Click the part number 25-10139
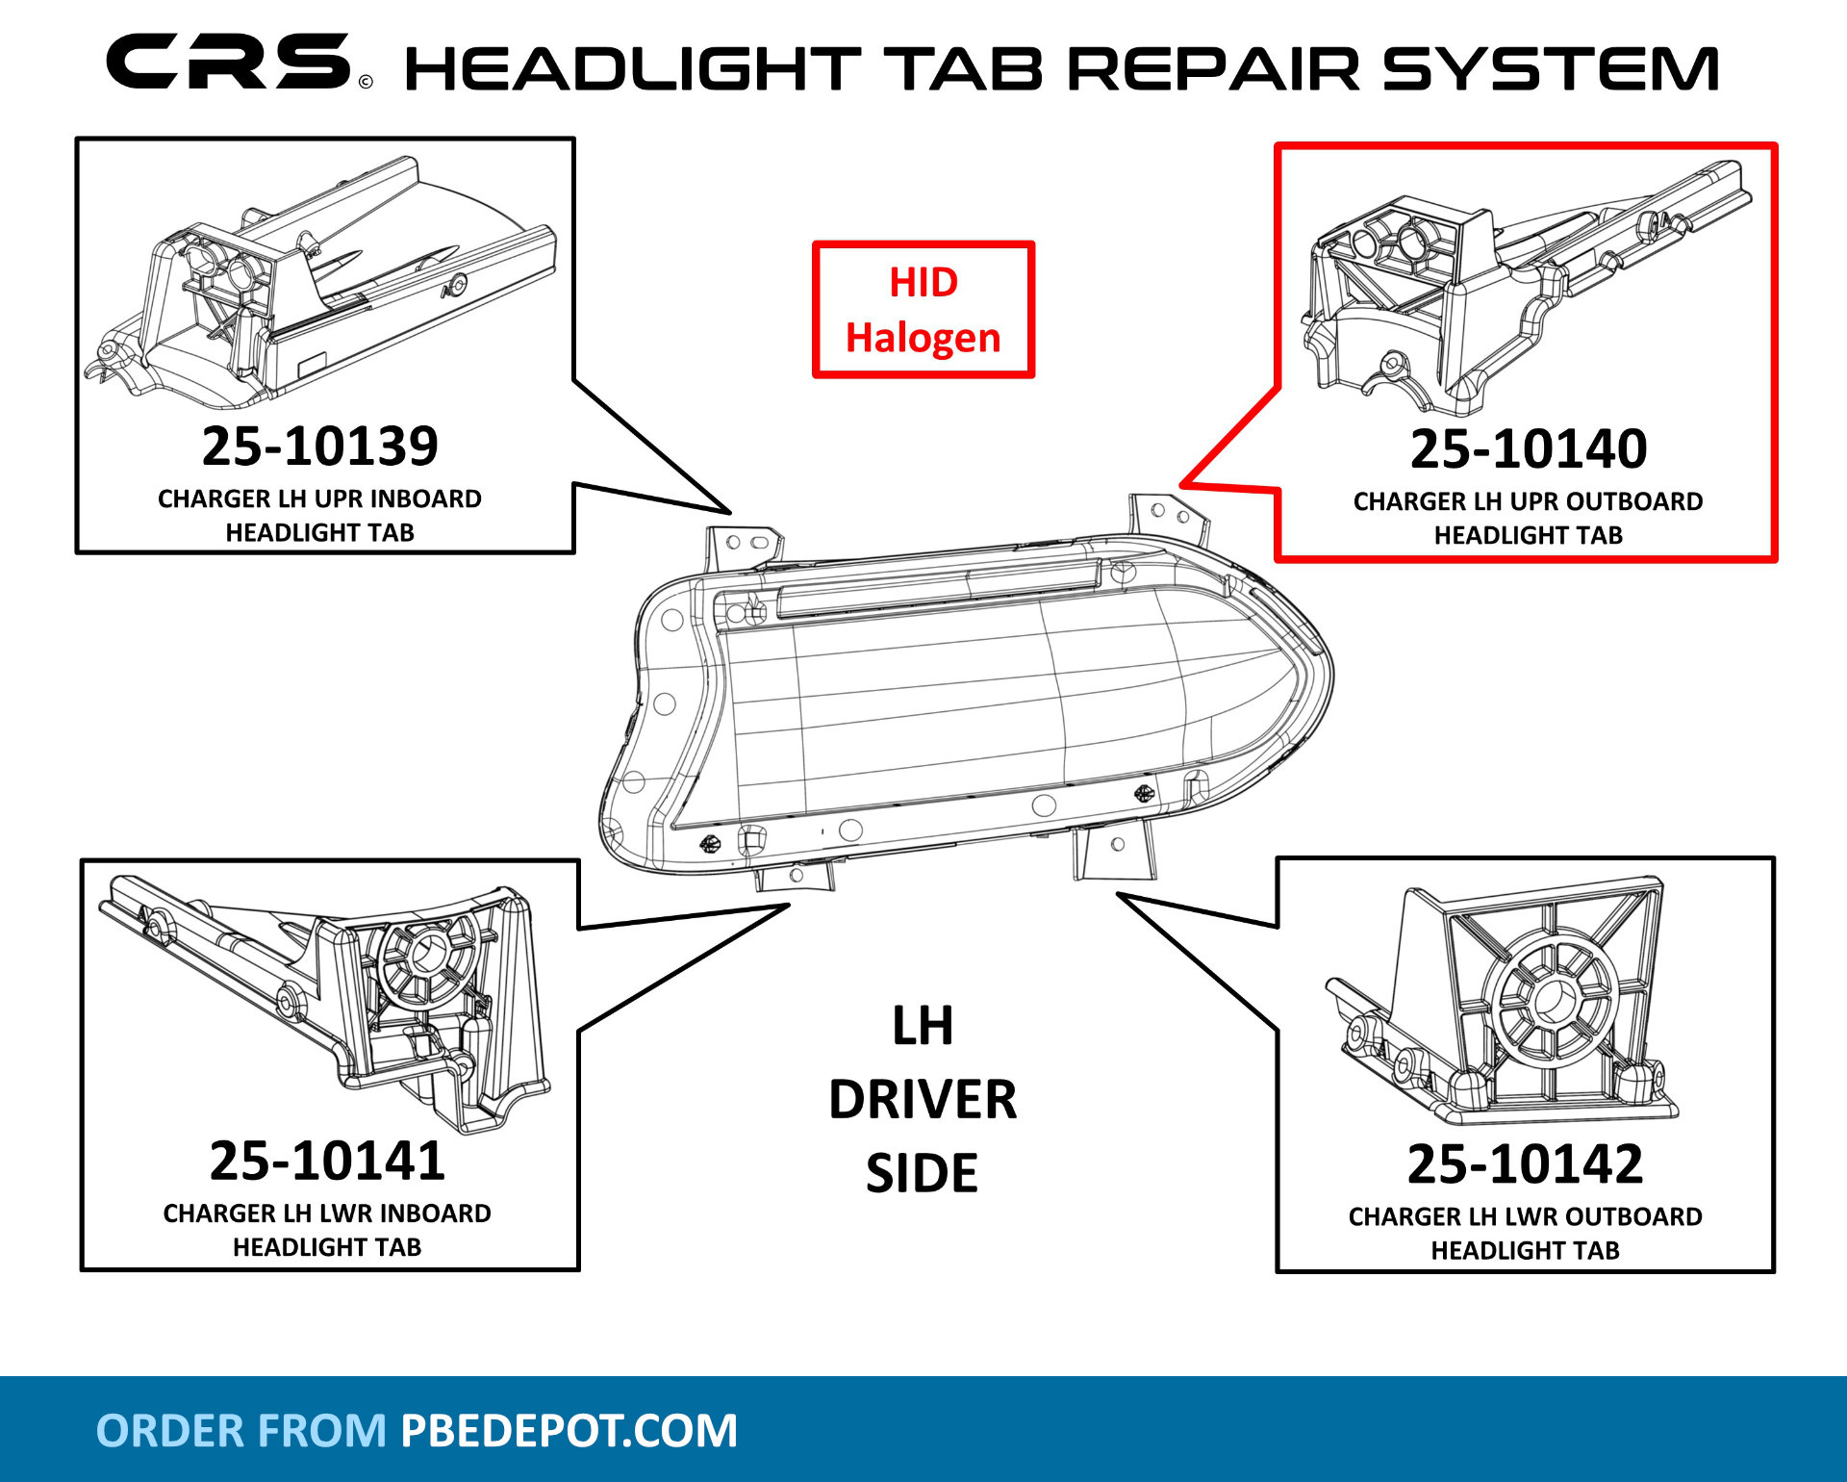pos(319,447)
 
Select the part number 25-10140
pos(1528,449)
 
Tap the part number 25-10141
pos(327,1161)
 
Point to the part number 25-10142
pos(1525,1164)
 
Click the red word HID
pos(923,283)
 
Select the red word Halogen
pos(923,338)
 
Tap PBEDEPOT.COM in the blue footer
pos(569,1430)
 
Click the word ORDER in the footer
pos(169,1430)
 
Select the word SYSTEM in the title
pos(1550,69)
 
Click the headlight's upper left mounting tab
pos(743,545)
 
